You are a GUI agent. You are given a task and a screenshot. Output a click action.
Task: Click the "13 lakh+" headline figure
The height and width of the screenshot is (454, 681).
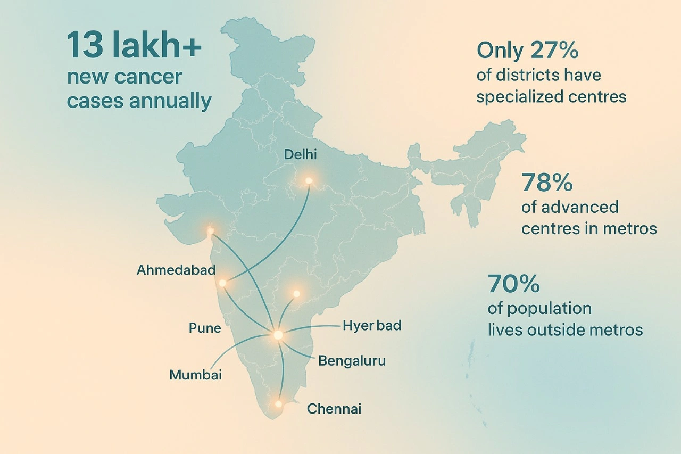(134, 47)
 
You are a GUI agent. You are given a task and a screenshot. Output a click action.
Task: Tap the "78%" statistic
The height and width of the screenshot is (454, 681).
(547, 183)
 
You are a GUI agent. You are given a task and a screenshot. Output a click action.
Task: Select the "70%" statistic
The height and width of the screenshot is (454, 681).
(513, 284)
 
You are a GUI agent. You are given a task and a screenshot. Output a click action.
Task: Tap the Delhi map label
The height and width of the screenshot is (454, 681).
(300, 155)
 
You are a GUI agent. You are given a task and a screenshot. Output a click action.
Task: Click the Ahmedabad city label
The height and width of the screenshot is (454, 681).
(176, 270)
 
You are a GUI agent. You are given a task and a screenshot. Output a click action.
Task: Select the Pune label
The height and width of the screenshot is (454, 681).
(205, 328)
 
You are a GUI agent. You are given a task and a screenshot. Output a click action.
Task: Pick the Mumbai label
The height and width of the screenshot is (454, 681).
(195, 375)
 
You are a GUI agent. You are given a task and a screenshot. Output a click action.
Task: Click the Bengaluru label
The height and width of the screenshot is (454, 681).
(352, 361)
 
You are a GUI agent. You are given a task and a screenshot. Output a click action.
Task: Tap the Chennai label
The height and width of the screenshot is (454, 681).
(334, 409)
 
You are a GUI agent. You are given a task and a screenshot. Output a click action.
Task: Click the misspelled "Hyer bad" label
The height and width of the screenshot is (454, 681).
(372, 325)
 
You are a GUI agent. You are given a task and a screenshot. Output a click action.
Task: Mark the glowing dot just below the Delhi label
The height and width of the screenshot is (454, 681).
(309, 181)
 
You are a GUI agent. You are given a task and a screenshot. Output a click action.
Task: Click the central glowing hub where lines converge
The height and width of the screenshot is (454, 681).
(278, 335)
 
